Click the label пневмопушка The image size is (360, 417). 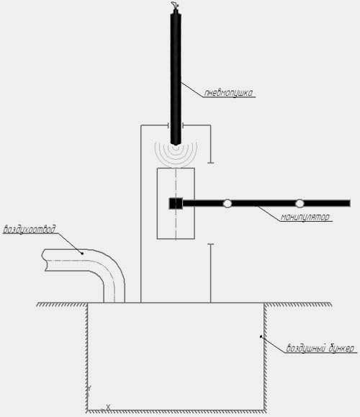[228, 93]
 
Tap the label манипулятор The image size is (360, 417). [305, 217]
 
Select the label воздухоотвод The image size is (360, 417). [30, 229]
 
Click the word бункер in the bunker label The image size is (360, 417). [342, 348]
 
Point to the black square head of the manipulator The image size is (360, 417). [176, 203]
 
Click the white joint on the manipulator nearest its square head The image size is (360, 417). [227, 203]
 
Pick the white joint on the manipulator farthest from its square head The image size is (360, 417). [300, 203]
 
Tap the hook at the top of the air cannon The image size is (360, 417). [174, 5]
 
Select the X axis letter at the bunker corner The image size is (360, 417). [108, 407]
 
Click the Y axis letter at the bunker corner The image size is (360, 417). [89, 388]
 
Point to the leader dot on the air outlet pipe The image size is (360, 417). [82, 254]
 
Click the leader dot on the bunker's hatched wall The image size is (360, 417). [261, 336]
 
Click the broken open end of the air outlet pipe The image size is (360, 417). [45, 260]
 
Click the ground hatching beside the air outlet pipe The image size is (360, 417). [62, 305]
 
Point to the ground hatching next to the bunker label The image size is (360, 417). [298, 305]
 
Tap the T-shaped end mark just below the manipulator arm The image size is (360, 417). [210, 244]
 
